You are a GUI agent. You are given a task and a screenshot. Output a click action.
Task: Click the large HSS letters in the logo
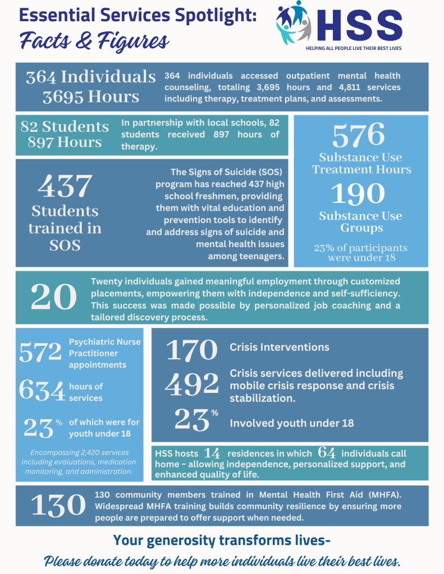click(x=360, y=26)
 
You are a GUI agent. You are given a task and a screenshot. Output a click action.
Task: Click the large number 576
click(x=359, y=135)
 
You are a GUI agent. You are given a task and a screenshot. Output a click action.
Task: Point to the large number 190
click(x=358, y=194)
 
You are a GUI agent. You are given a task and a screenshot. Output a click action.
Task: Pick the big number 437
click(x=65, y=186)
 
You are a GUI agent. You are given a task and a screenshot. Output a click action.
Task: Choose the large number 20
click(x=54, y=297)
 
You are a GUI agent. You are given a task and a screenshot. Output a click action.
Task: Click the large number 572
click(x=40, y=353)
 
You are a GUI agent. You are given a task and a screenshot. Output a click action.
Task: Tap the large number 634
click(x=42, y=391)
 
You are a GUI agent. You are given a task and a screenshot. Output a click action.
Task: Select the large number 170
click(x=191, y=350)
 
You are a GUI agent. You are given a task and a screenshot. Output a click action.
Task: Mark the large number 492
click(x=191, y=384)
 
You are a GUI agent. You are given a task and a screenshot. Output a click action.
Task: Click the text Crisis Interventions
click(x=280, y=347)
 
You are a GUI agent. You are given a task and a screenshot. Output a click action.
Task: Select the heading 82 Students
click(x=65, y=126)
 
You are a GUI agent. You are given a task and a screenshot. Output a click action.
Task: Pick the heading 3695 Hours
click(x=91, y=96)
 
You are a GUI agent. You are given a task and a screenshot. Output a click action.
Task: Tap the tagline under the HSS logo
click(x=354, y=48)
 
